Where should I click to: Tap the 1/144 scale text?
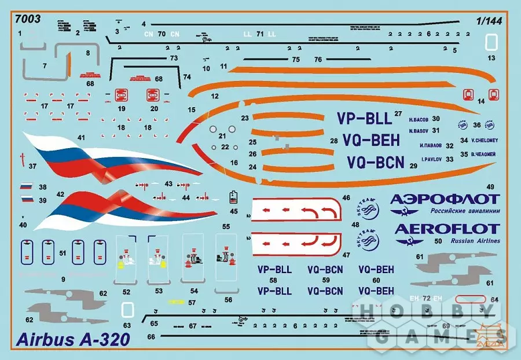click(489, 20)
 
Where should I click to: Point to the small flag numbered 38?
click(26, 187)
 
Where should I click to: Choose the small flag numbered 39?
click(26, 200)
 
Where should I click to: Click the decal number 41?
click(82, 138)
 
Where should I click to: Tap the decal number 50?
click(438, 240)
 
